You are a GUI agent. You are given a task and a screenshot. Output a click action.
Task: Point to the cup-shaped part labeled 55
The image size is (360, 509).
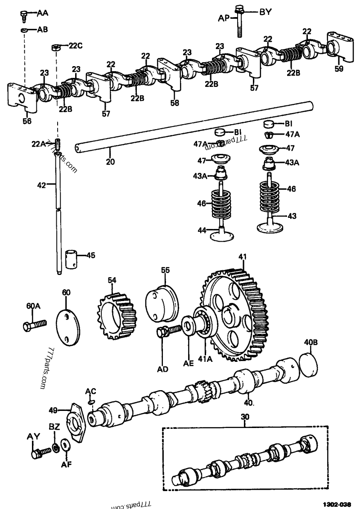point(162,301)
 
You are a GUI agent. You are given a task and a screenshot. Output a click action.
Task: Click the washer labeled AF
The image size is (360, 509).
point(65,446)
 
